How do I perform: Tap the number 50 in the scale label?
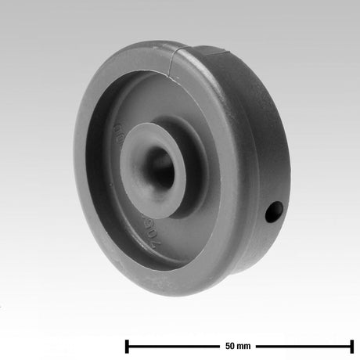230,345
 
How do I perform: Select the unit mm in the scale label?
245,345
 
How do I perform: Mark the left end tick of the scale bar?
127,345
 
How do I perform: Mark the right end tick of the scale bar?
351,345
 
